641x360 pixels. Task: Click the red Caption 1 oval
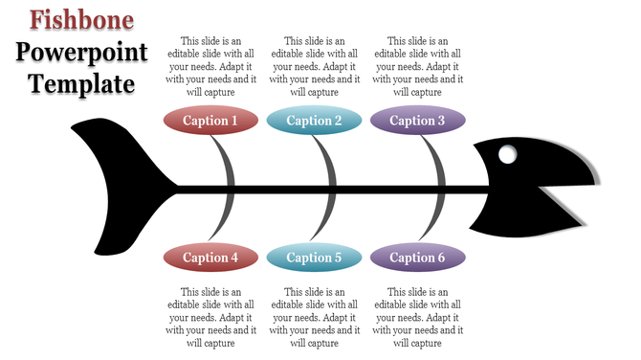coord(210,121)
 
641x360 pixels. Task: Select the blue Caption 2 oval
coord(314,121)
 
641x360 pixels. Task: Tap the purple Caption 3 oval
coord(417,121)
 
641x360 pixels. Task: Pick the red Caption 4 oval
coord(210,257)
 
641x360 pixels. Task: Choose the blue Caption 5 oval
coord(314,257)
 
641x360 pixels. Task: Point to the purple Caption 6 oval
coord(417,257)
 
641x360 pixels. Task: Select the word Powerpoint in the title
coord(81,52)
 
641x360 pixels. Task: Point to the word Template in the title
coord(81,84)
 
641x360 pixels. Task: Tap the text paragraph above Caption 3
coord(417,67)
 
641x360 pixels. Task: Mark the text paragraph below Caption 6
coord(417,317)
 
